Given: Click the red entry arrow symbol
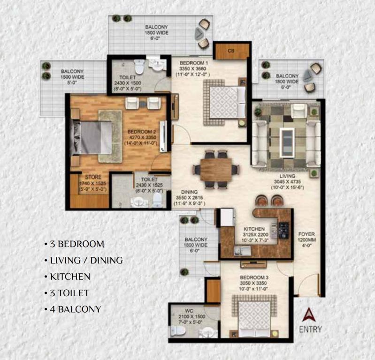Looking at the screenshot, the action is (x=309, y=315).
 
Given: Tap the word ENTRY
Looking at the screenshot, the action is (x=310, y=330).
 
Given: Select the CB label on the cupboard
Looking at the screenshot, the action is (x=231, y=51).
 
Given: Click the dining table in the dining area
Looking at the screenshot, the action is (x=216, y=170).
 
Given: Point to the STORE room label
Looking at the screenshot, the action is (x=93, y=177).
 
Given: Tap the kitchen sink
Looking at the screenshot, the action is (x=242, y=251).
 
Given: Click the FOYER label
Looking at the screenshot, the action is (x=306, y=234).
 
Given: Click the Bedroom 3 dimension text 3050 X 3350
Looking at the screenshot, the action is (x=254, y=283).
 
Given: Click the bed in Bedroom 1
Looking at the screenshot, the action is (x=228, y=102).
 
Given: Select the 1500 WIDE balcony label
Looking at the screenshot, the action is (x=72, y=77).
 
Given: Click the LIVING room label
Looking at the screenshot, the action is (x=287, y=176).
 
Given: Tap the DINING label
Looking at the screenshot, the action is (x=190, y=192).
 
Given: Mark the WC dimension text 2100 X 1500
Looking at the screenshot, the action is (x=192, y=316).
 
